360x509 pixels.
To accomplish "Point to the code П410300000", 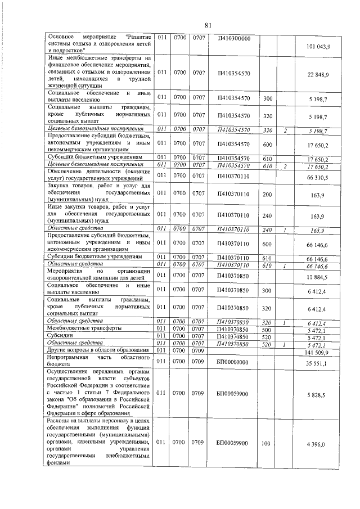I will tap(233, 38).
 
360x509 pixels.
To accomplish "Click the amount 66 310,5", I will tap(318, 177).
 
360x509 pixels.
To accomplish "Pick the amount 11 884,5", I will tap(318, 278).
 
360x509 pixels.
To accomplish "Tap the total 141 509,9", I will tap(317, 353).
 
